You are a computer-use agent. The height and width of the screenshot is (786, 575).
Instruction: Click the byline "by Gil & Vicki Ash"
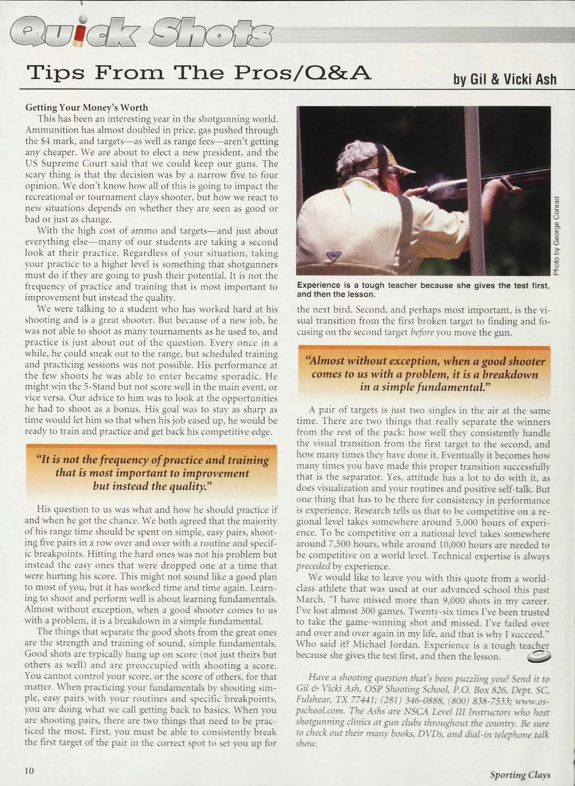[505, 79]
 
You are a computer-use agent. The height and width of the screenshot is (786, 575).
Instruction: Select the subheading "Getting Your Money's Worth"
[87, 107]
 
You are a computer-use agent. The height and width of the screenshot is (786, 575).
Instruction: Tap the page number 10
[29, 770]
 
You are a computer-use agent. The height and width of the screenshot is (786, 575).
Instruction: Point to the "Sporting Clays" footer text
[520, 775]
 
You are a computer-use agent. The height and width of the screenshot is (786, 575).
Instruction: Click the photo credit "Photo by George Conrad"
[556, 236]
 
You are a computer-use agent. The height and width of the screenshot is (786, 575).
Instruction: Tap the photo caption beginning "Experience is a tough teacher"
[423, 290]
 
